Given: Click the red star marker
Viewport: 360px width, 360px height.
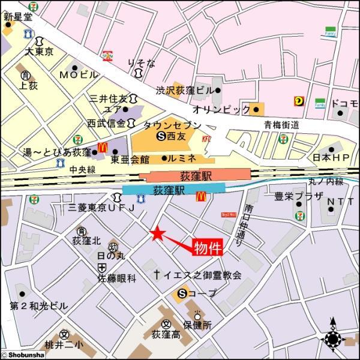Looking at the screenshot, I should [157, 233].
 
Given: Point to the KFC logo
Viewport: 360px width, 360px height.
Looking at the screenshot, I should [207, 139].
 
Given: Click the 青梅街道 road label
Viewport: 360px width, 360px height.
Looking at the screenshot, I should [281, 125].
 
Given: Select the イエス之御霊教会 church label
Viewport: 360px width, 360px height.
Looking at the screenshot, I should [197, 275].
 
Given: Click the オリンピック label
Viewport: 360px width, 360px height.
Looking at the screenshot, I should [221, 110].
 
